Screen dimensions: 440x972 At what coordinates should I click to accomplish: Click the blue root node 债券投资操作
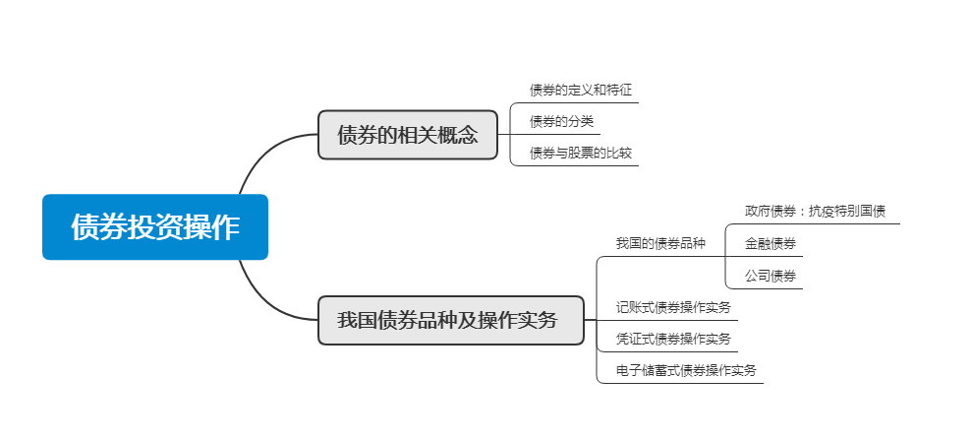(x=155, y=227)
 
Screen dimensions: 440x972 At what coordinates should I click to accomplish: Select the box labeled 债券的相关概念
(x=408, y=135)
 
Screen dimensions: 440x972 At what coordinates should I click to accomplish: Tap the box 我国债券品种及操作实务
(x=450, y=320)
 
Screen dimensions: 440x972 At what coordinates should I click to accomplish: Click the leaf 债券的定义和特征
(x=581, y=91)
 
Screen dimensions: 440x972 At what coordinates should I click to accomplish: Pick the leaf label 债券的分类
(x=561, y=122)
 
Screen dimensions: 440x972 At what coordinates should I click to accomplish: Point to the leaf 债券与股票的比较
(x=581, y=154)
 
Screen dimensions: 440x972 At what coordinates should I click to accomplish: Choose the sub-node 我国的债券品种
(x=660, y=243)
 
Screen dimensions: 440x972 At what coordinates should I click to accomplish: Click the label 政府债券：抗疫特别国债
(x=815, y=212)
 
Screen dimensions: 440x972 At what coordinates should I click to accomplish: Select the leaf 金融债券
(x=771, y=243)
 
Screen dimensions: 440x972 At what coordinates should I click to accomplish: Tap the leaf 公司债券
(x=771, y=275)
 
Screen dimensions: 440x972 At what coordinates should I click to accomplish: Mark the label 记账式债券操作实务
(x=673, y=307)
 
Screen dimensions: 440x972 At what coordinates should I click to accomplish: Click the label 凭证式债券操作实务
(x=673, y=339)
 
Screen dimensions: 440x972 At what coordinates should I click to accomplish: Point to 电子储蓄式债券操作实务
(x=686, y=370)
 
